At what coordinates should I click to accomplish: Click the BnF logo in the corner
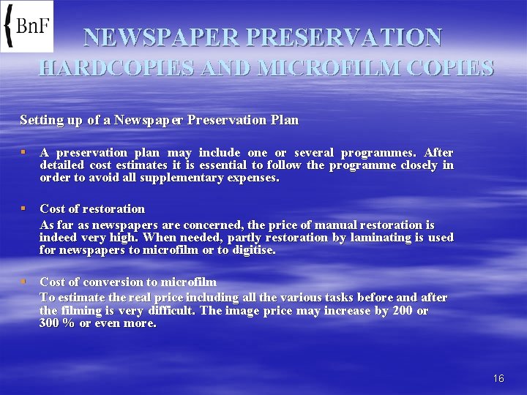(27, 26)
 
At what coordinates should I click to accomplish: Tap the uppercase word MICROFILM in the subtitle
(328, 68)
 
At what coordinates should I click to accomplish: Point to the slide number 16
(498, 378)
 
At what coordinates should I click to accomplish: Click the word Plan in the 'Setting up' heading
(285, 119)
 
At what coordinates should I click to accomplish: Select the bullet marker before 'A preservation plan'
(24, 153)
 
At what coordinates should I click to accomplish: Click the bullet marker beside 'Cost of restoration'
(24, 208)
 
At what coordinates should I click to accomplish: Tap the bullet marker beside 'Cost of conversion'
(24, 282)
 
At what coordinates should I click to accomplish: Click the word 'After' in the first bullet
(438, 153)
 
